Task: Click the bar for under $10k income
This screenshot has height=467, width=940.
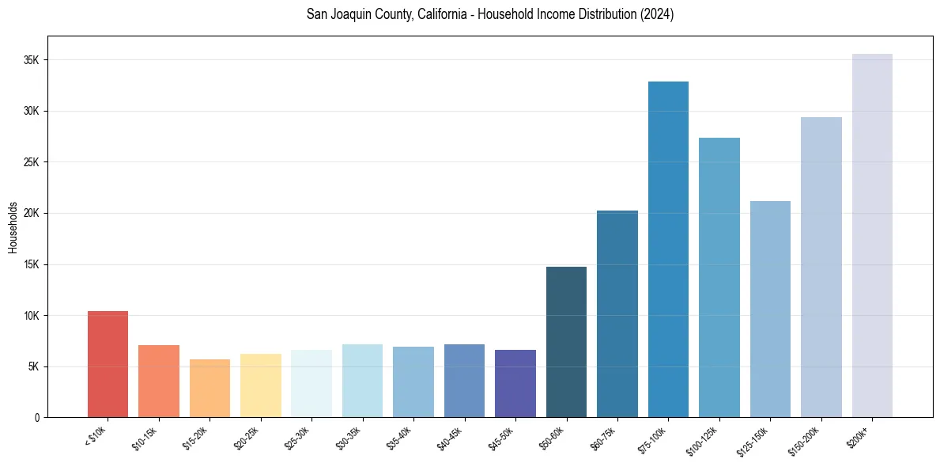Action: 108,364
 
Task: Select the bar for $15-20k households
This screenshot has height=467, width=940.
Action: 210,388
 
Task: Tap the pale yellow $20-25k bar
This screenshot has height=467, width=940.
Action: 261,385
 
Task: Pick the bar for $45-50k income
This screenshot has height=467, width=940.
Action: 515,383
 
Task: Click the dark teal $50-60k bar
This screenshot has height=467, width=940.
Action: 566,342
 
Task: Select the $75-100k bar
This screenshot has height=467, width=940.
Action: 668,249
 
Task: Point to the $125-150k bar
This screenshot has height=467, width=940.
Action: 770,309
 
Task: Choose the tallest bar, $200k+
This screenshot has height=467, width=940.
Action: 872,235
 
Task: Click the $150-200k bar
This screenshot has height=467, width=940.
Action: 821,267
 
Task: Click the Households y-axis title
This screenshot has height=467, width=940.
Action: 13,227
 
